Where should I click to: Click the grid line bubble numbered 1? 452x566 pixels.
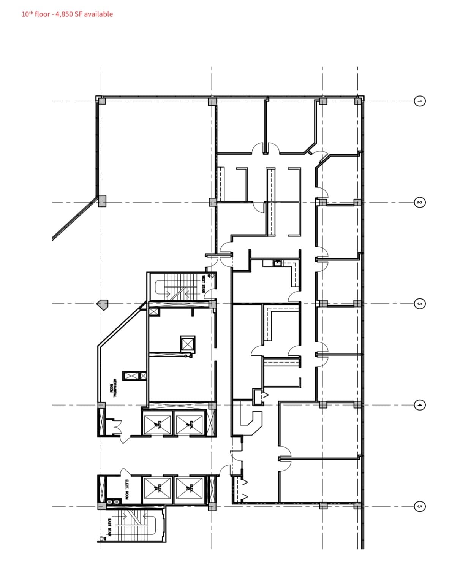(x=419, y=101)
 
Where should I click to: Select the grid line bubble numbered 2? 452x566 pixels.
(x=419, y=202)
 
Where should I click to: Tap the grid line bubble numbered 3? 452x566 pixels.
(x=419, y=304)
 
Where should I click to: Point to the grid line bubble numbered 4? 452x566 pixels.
(x=419, y=405)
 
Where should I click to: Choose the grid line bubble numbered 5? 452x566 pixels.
(x=419, y=506)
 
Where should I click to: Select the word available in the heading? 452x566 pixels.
(x=98, y=14)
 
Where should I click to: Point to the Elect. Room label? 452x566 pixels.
(x=126, y=489)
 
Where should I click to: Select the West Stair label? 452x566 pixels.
(x=203, y=284)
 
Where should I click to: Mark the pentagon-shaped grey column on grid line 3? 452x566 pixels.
(x=103, y=304)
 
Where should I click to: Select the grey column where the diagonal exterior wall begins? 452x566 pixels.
(x=102, y=201)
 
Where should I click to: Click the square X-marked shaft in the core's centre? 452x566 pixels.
(x=188, y=344)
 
